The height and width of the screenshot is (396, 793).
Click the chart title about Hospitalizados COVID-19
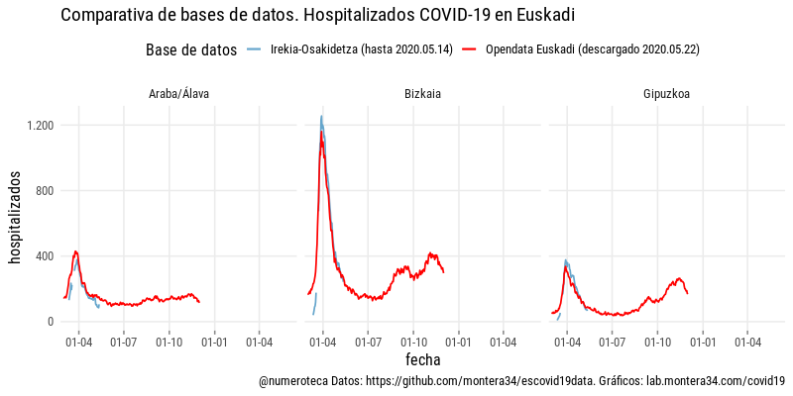pos(317,16)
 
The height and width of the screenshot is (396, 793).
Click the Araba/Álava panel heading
pos(178,95)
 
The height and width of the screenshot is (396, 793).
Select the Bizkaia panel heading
pos(423,95)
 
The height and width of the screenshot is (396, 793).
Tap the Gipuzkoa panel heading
pos(667,95)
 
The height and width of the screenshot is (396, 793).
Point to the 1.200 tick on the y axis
pos(39,126)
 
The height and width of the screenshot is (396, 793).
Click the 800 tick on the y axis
pos(43,191)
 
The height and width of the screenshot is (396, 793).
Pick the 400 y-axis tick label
pos(43,256)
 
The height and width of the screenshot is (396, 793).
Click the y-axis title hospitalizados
pos(16,217)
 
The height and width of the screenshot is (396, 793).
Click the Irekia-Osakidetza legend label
pos(361,50)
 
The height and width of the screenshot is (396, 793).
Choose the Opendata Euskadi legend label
pos(593,50)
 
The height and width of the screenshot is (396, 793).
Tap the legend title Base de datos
pos(190,50)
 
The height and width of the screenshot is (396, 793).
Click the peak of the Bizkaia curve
pos(321,117)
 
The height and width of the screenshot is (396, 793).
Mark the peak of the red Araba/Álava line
pos(75,251)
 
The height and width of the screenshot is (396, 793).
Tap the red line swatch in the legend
pos(471,50)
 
